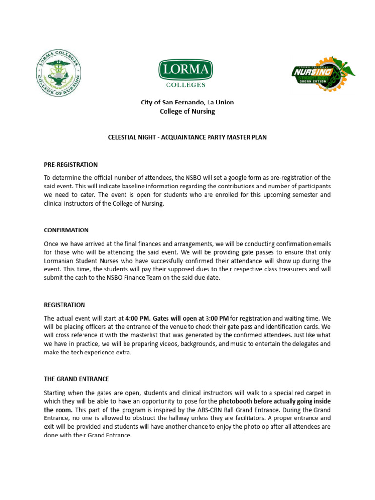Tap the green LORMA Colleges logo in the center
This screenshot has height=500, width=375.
point(185,74)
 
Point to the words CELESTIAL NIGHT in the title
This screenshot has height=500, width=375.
point(129,138)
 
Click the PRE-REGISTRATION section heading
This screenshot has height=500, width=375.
point(71,165)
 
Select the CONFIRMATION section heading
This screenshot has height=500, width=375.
point(66,230)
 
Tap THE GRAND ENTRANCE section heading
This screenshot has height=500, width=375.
point(77,379)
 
